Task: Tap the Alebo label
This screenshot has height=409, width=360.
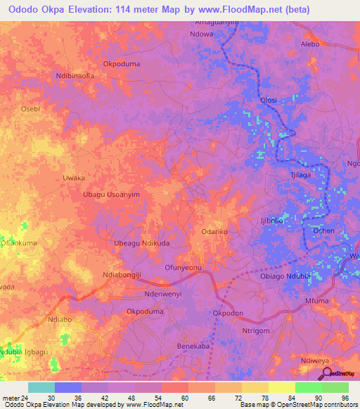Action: pyautogui.click(x=309, y=44)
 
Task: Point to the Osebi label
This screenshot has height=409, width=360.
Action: pyautogui.click(x=30, y=109)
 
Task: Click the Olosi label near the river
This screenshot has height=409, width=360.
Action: pyautogui.click(x=269, y=100)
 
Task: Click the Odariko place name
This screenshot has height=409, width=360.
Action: pyautogui.click(x=214, y=231)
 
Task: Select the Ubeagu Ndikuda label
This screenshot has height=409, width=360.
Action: pyautogui.click(x=137, y=243)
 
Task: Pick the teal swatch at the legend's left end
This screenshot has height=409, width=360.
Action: pyautogui.click(x=41, y=387)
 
